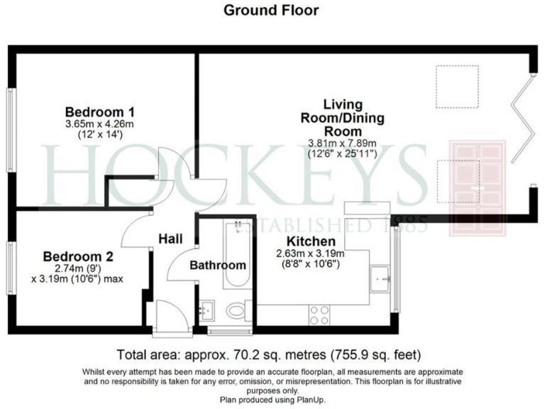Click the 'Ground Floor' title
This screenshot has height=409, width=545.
[271, 10]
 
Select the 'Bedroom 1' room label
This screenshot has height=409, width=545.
[100, 112]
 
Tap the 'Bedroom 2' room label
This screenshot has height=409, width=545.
[78, 256]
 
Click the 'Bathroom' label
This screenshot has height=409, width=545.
[218, 266]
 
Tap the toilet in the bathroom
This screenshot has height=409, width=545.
[236, 311]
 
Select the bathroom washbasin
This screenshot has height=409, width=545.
[209, 310]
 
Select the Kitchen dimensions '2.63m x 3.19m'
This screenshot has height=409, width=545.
[312, 253]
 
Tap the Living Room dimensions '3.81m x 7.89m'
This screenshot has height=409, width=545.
[343, 142]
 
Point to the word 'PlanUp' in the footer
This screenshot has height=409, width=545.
[292, 400]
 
